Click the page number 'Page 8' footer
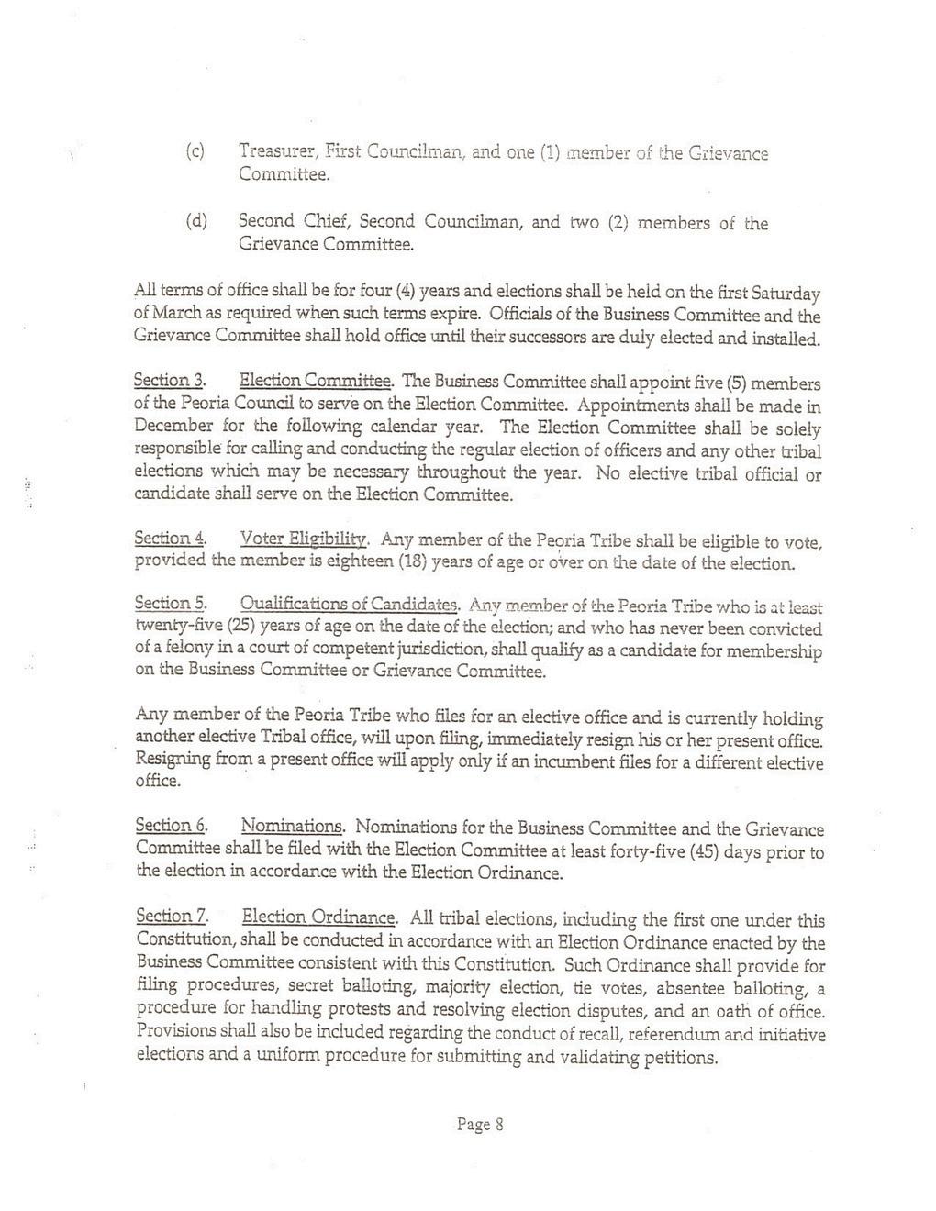480,1125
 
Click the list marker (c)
195,150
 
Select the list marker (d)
196,222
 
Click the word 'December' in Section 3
173,427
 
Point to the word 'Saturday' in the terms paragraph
786,294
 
